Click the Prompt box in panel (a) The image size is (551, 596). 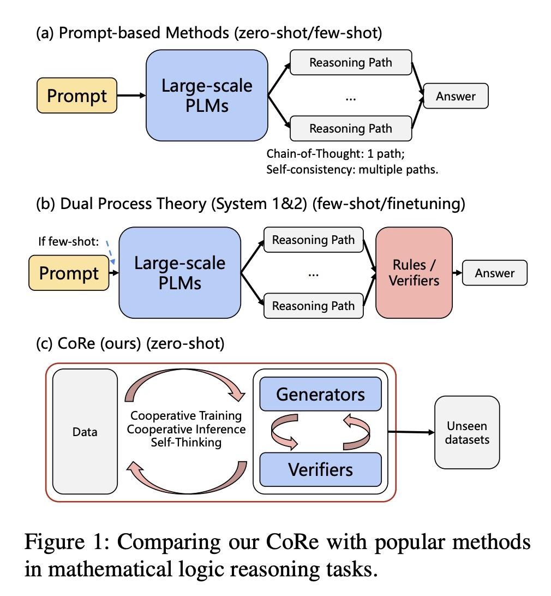[77, 96]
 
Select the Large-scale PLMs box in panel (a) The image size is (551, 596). [207, 96]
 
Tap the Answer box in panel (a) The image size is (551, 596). [456, 97]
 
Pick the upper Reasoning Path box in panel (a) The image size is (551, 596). [350, 63]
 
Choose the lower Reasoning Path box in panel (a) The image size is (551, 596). [350, 129]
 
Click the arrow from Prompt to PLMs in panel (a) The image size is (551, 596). [131, 96]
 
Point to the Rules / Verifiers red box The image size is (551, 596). [415, 273]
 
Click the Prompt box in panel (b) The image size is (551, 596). [70, 273]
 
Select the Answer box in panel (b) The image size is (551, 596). [495, 273]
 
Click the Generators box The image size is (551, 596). [320, 394]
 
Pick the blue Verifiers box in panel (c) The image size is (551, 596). [320, 469]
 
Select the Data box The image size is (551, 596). [85, 432]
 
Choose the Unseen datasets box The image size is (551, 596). [467, 432]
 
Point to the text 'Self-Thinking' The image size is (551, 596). [186, 443]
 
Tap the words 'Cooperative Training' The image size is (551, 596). [186, 415]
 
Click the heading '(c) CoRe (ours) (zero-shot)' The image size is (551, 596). [130, 344]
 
